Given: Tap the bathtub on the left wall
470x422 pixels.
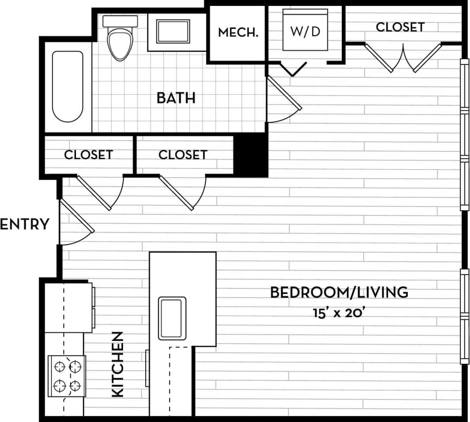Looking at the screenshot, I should tap(68, 86).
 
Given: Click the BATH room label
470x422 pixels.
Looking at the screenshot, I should tap(176, 98).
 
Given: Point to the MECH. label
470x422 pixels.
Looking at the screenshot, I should tap(238, 32).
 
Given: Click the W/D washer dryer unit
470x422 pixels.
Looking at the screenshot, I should tap(305, 31).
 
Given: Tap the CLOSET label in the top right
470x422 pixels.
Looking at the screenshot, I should tap(400, 27).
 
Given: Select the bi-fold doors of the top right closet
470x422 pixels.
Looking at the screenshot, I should tap(403, 58).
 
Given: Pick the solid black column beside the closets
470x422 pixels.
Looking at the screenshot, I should tap(251, 154).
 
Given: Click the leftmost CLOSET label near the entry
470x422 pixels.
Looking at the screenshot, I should tap(88, 154).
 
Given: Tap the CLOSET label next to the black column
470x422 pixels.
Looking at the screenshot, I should tap(183, 154).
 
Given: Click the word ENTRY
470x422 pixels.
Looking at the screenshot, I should tap(25, 224).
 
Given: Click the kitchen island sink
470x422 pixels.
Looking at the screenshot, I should tap(172, 318).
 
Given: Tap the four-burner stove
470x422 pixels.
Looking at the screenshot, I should tap(67, 376).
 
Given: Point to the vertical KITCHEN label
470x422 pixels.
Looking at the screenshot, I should tap(118, 364).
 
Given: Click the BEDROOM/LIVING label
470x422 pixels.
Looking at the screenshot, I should tap(339, 292).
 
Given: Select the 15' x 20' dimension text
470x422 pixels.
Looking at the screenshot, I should tap(338, 313).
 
